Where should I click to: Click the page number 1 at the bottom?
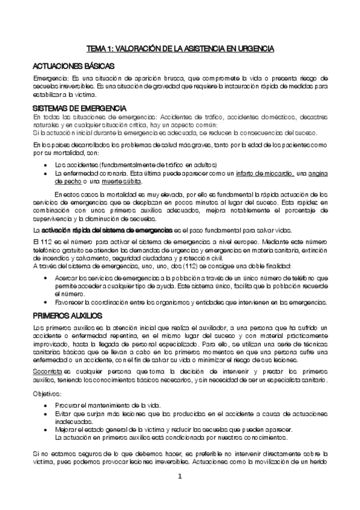coord(179,477)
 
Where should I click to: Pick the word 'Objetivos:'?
coord(47,393)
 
